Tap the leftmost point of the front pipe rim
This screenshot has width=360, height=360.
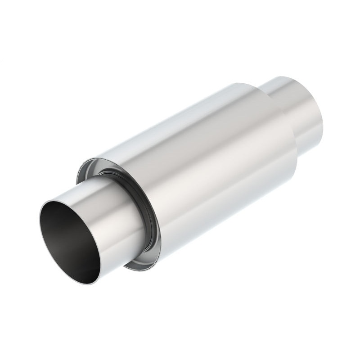40,220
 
